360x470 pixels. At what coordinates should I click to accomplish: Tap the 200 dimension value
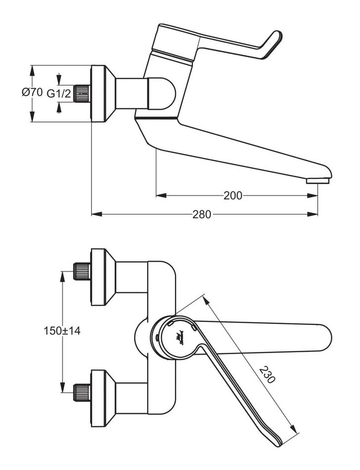click(232, 195)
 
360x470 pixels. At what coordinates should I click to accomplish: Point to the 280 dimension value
click(202, 214)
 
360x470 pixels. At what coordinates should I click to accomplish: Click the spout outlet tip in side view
click(319, 180)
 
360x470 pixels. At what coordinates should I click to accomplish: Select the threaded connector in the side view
click(82, 93)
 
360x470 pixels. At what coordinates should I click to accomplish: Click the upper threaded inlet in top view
click(82, 271)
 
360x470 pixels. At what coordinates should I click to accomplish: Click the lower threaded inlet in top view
click(82, 390)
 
